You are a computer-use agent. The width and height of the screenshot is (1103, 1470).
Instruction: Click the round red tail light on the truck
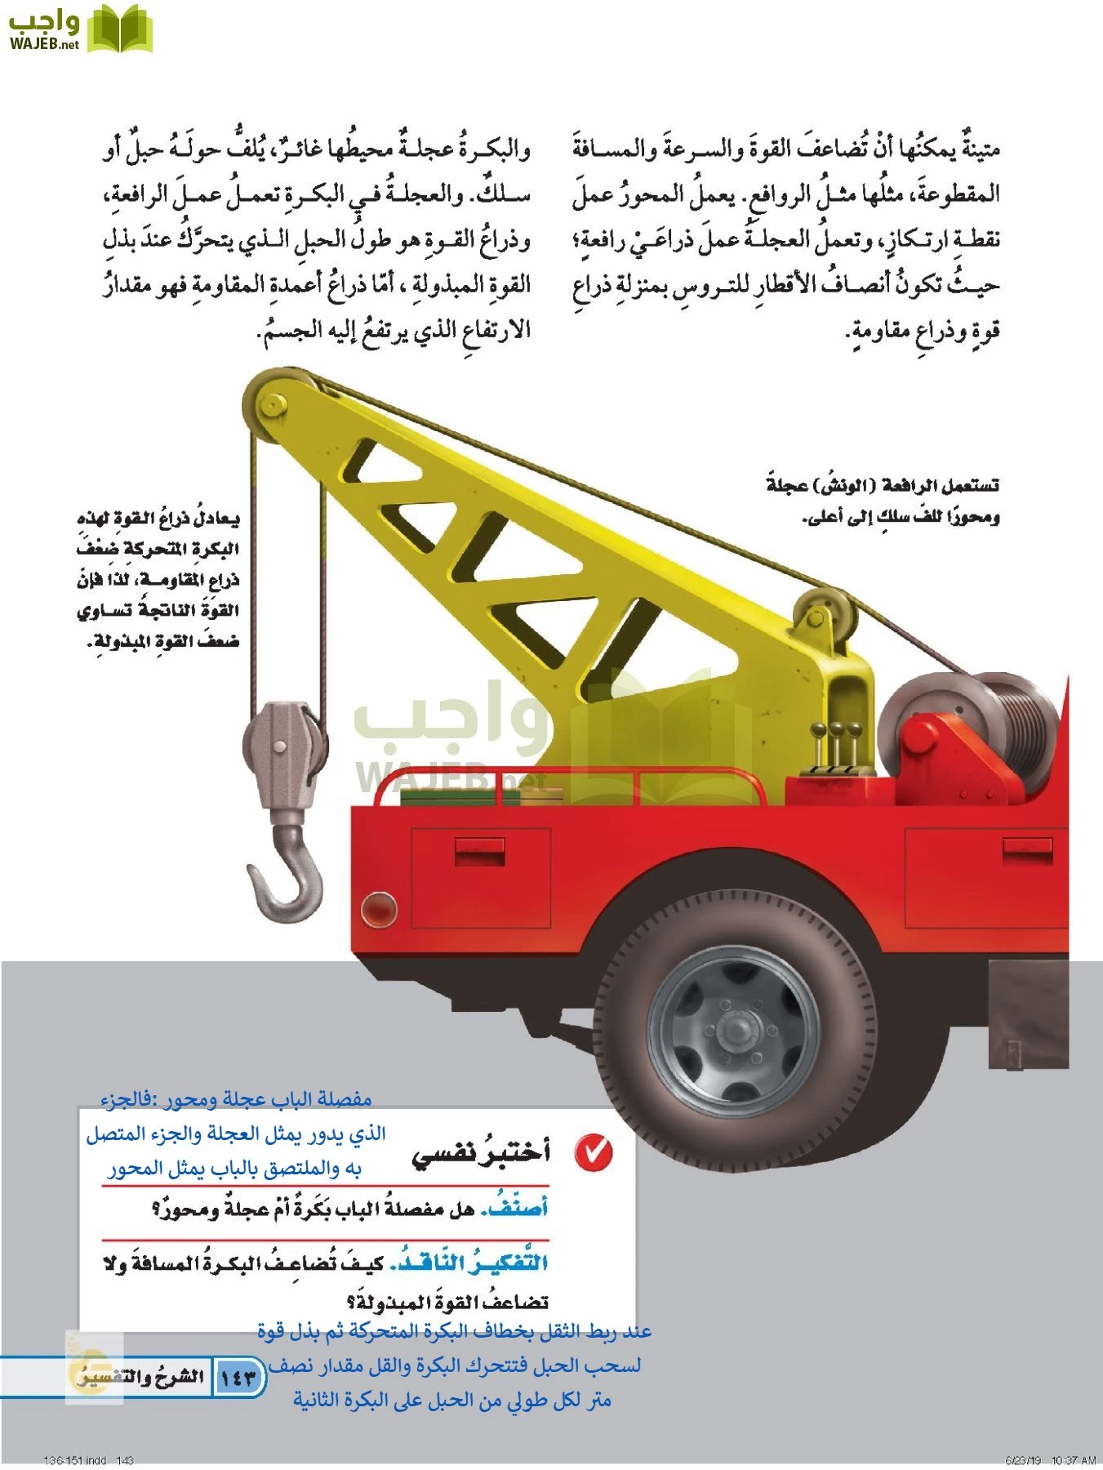(x=377, y=907)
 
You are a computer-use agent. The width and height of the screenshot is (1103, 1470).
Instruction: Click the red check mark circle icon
(x=593, y=1151)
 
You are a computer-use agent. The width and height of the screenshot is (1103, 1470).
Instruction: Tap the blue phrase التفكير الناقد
(x=469, y=1263)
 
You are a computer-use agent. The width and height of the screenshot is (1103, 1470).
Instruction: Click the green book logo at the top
(x=120, y=29)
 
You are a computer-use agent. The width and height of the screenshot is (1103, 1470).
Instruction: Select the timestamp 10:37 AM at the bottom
(x=1072, y=1459)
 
